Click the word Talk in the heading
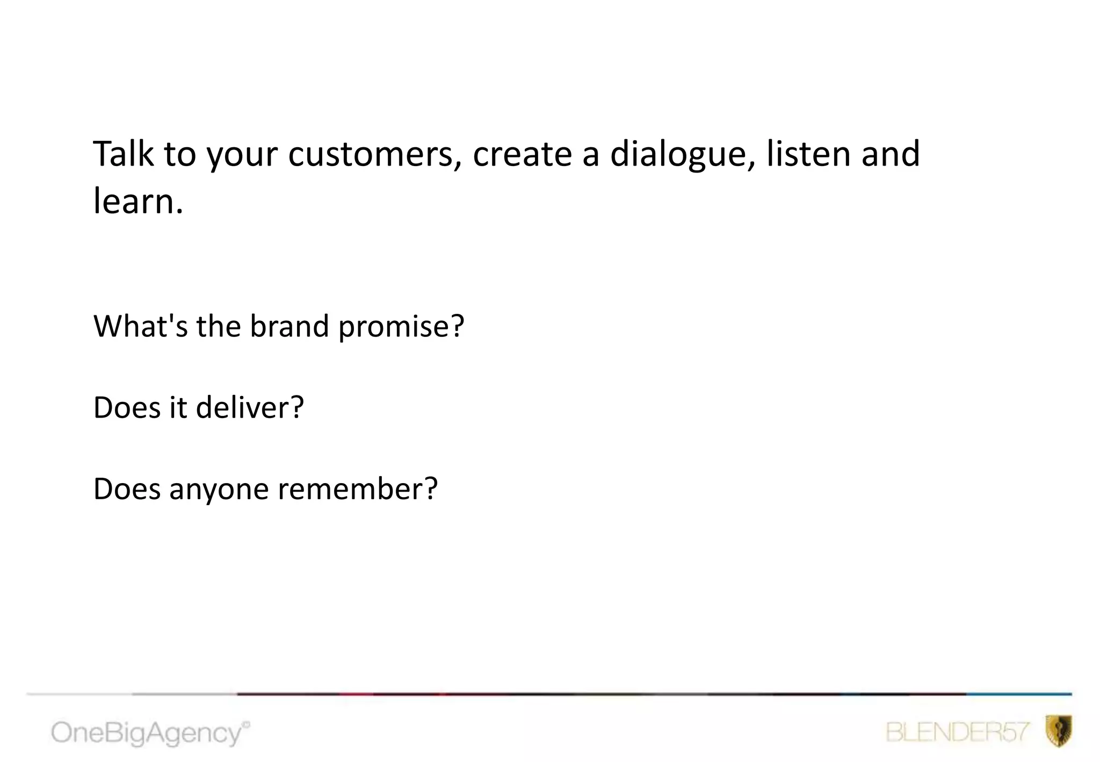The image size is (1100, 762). [x=123, y=154]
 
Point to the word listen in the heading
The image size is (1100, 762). [x=807, y=154]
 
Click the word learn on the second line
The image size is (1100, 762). [x=134, y=201]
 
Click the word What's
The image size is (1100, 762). [x=141, y=326]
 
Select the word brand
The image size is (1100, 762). [x=289, y=326]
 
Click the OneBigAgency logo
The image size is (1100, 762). [x=150, y=733]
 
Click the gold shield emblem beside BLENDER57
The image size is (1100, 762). [x=1059, y=731]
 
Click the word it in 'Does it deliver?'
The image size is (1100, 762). [x=178, y=407]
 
